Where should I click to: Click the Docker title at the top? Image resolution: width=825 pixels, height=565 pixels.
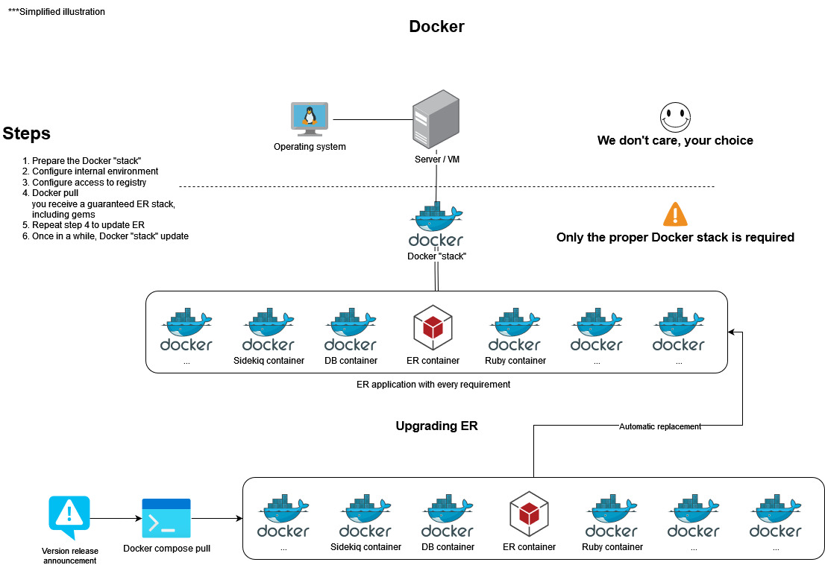(436, 27)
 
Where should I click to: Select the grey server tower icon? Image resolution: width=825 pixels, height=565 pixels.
(436, 120)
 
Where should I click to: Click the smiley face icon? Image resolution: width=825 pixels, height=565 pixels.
(674, 117)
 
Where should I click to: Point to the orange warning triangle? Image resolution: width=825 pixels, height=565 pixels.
(675, 215)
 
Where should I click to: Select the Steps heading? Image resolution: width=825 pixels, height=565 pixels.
(27, 133)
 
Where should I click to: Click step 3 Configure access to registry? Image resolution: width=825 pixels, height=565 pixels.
(89, 182)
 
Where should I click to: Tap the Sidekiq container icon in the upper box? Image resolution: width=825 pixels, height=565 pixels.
(269, 329)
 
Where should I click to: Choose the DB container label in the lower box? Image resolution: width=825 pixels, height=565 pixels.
(448, 546)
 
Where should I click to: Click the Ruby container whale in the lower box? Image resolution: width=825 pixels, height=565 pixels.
(612, 515)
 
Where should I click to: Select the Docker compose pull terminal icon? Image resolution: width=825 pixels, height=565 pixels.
(166, 518)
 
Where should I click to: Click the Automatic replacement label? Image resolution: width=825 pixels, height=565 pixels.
(660, 426)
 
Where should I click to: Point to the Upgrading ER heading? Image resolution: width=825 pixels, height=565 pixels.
(436, 426)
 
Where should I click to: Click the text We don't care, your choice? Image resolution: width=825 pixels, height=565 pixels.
(675, 141)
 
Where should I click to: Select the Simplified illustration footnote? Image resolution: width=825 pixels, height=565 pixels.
(57, 12)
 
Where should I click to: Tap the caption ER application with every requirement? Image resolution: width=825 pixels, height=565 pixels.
(433, 385)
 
